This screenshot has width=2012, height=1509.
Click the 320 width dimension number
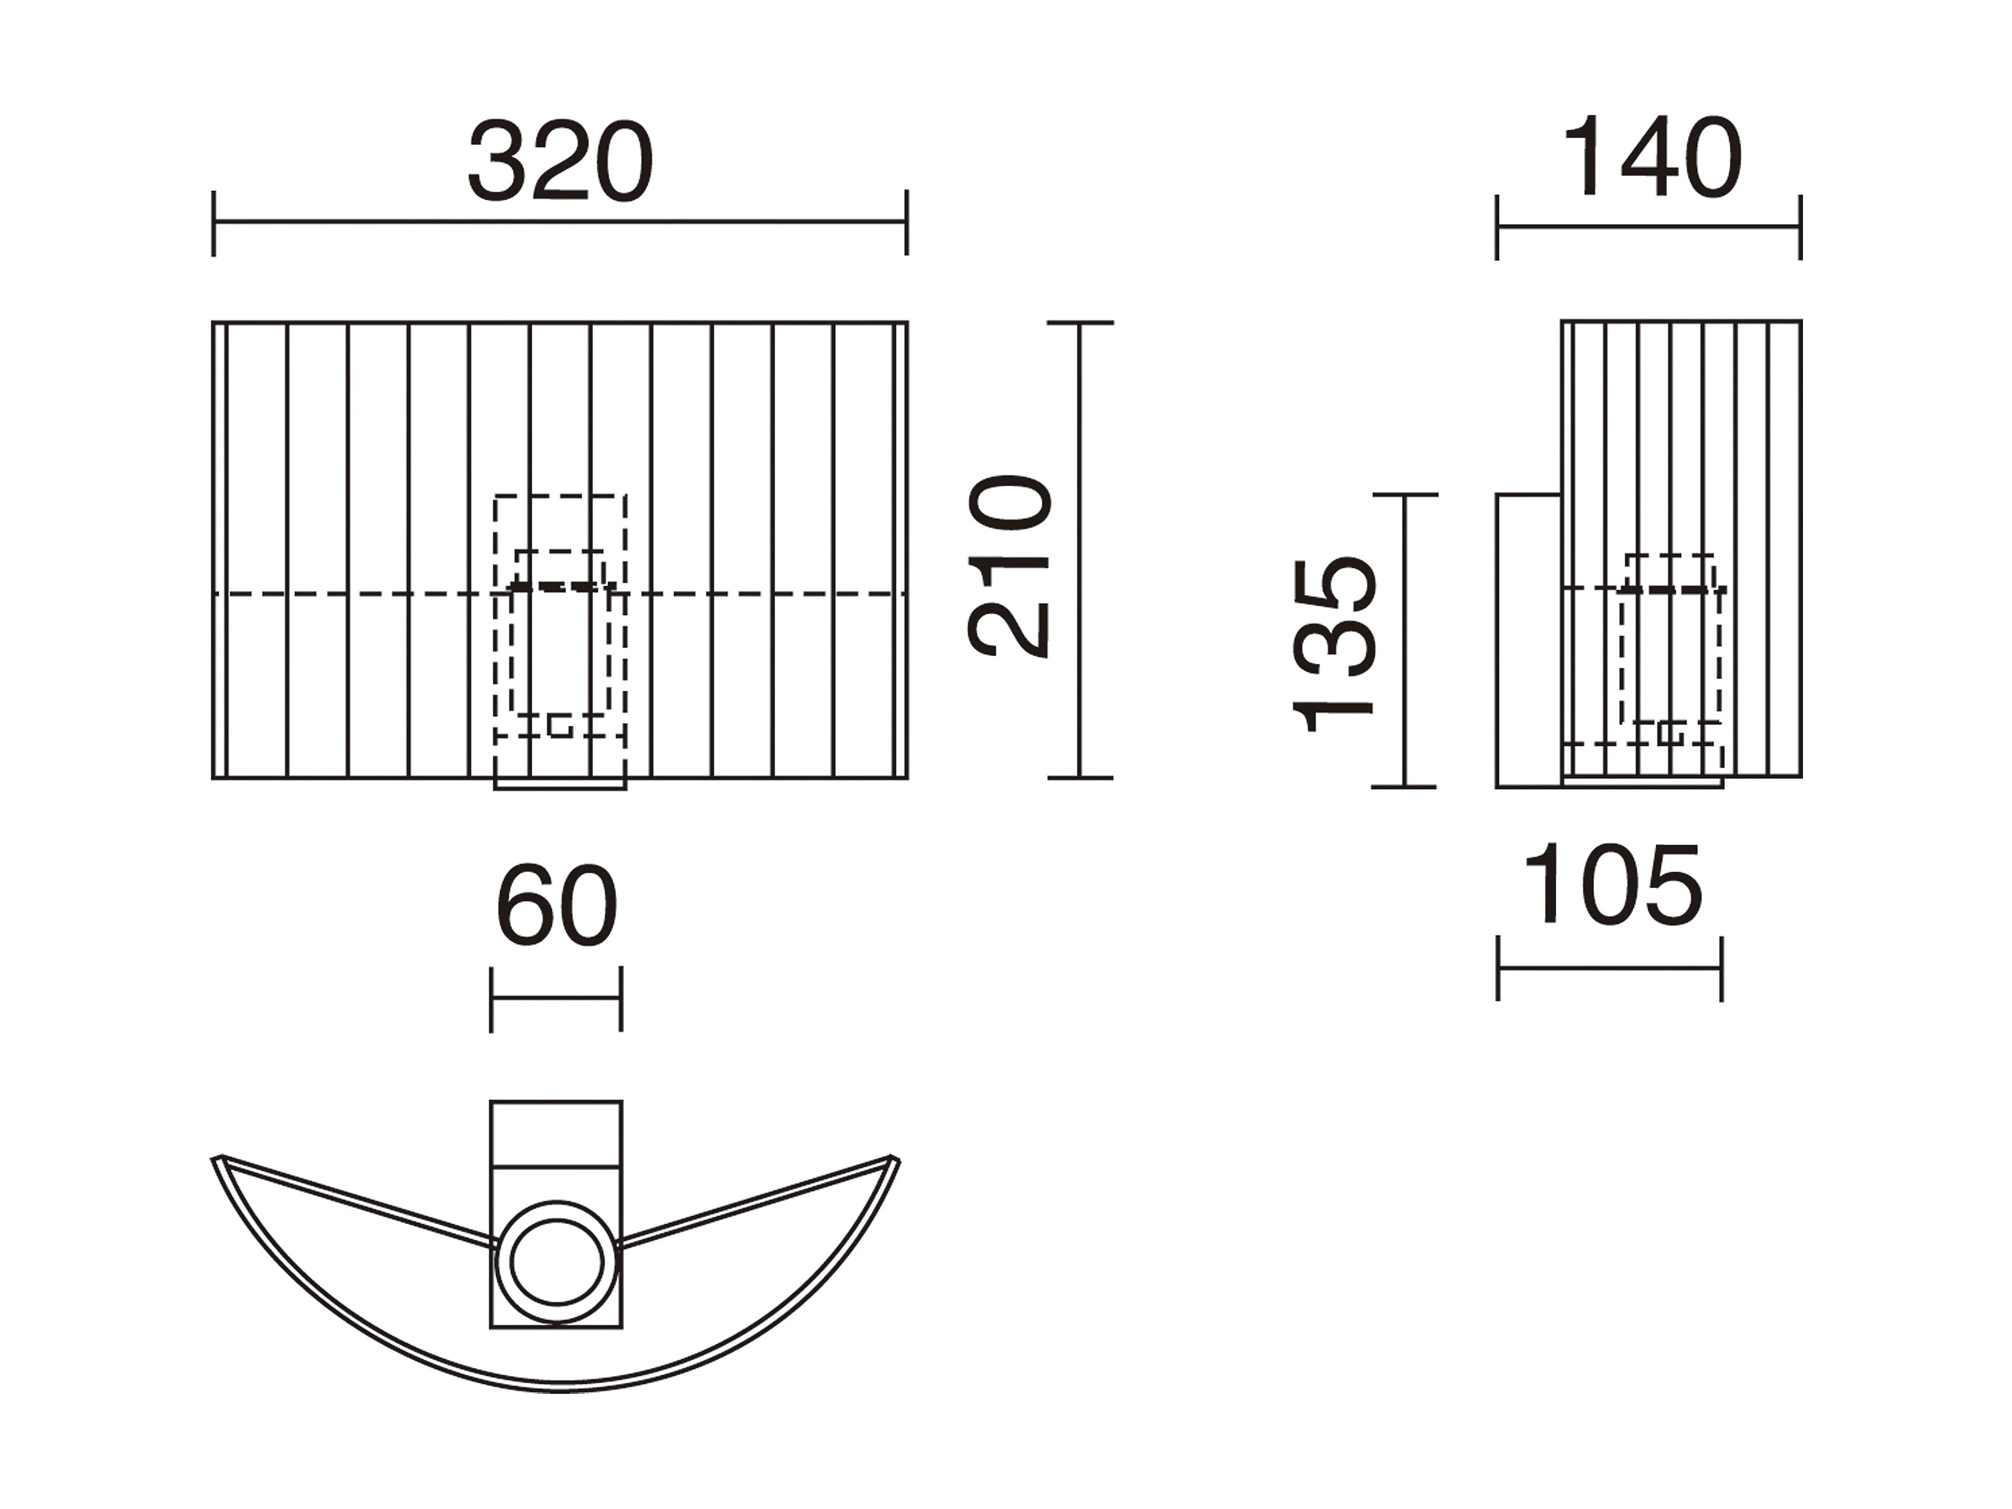560,161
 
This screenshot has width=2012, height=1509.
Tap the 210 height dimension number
1009,566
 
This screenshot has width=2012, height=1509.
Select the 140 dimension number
1651,156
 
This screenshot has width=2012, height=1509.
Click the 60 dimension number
556,906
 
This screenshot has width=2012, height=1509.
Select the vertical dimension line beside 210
1080,550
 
